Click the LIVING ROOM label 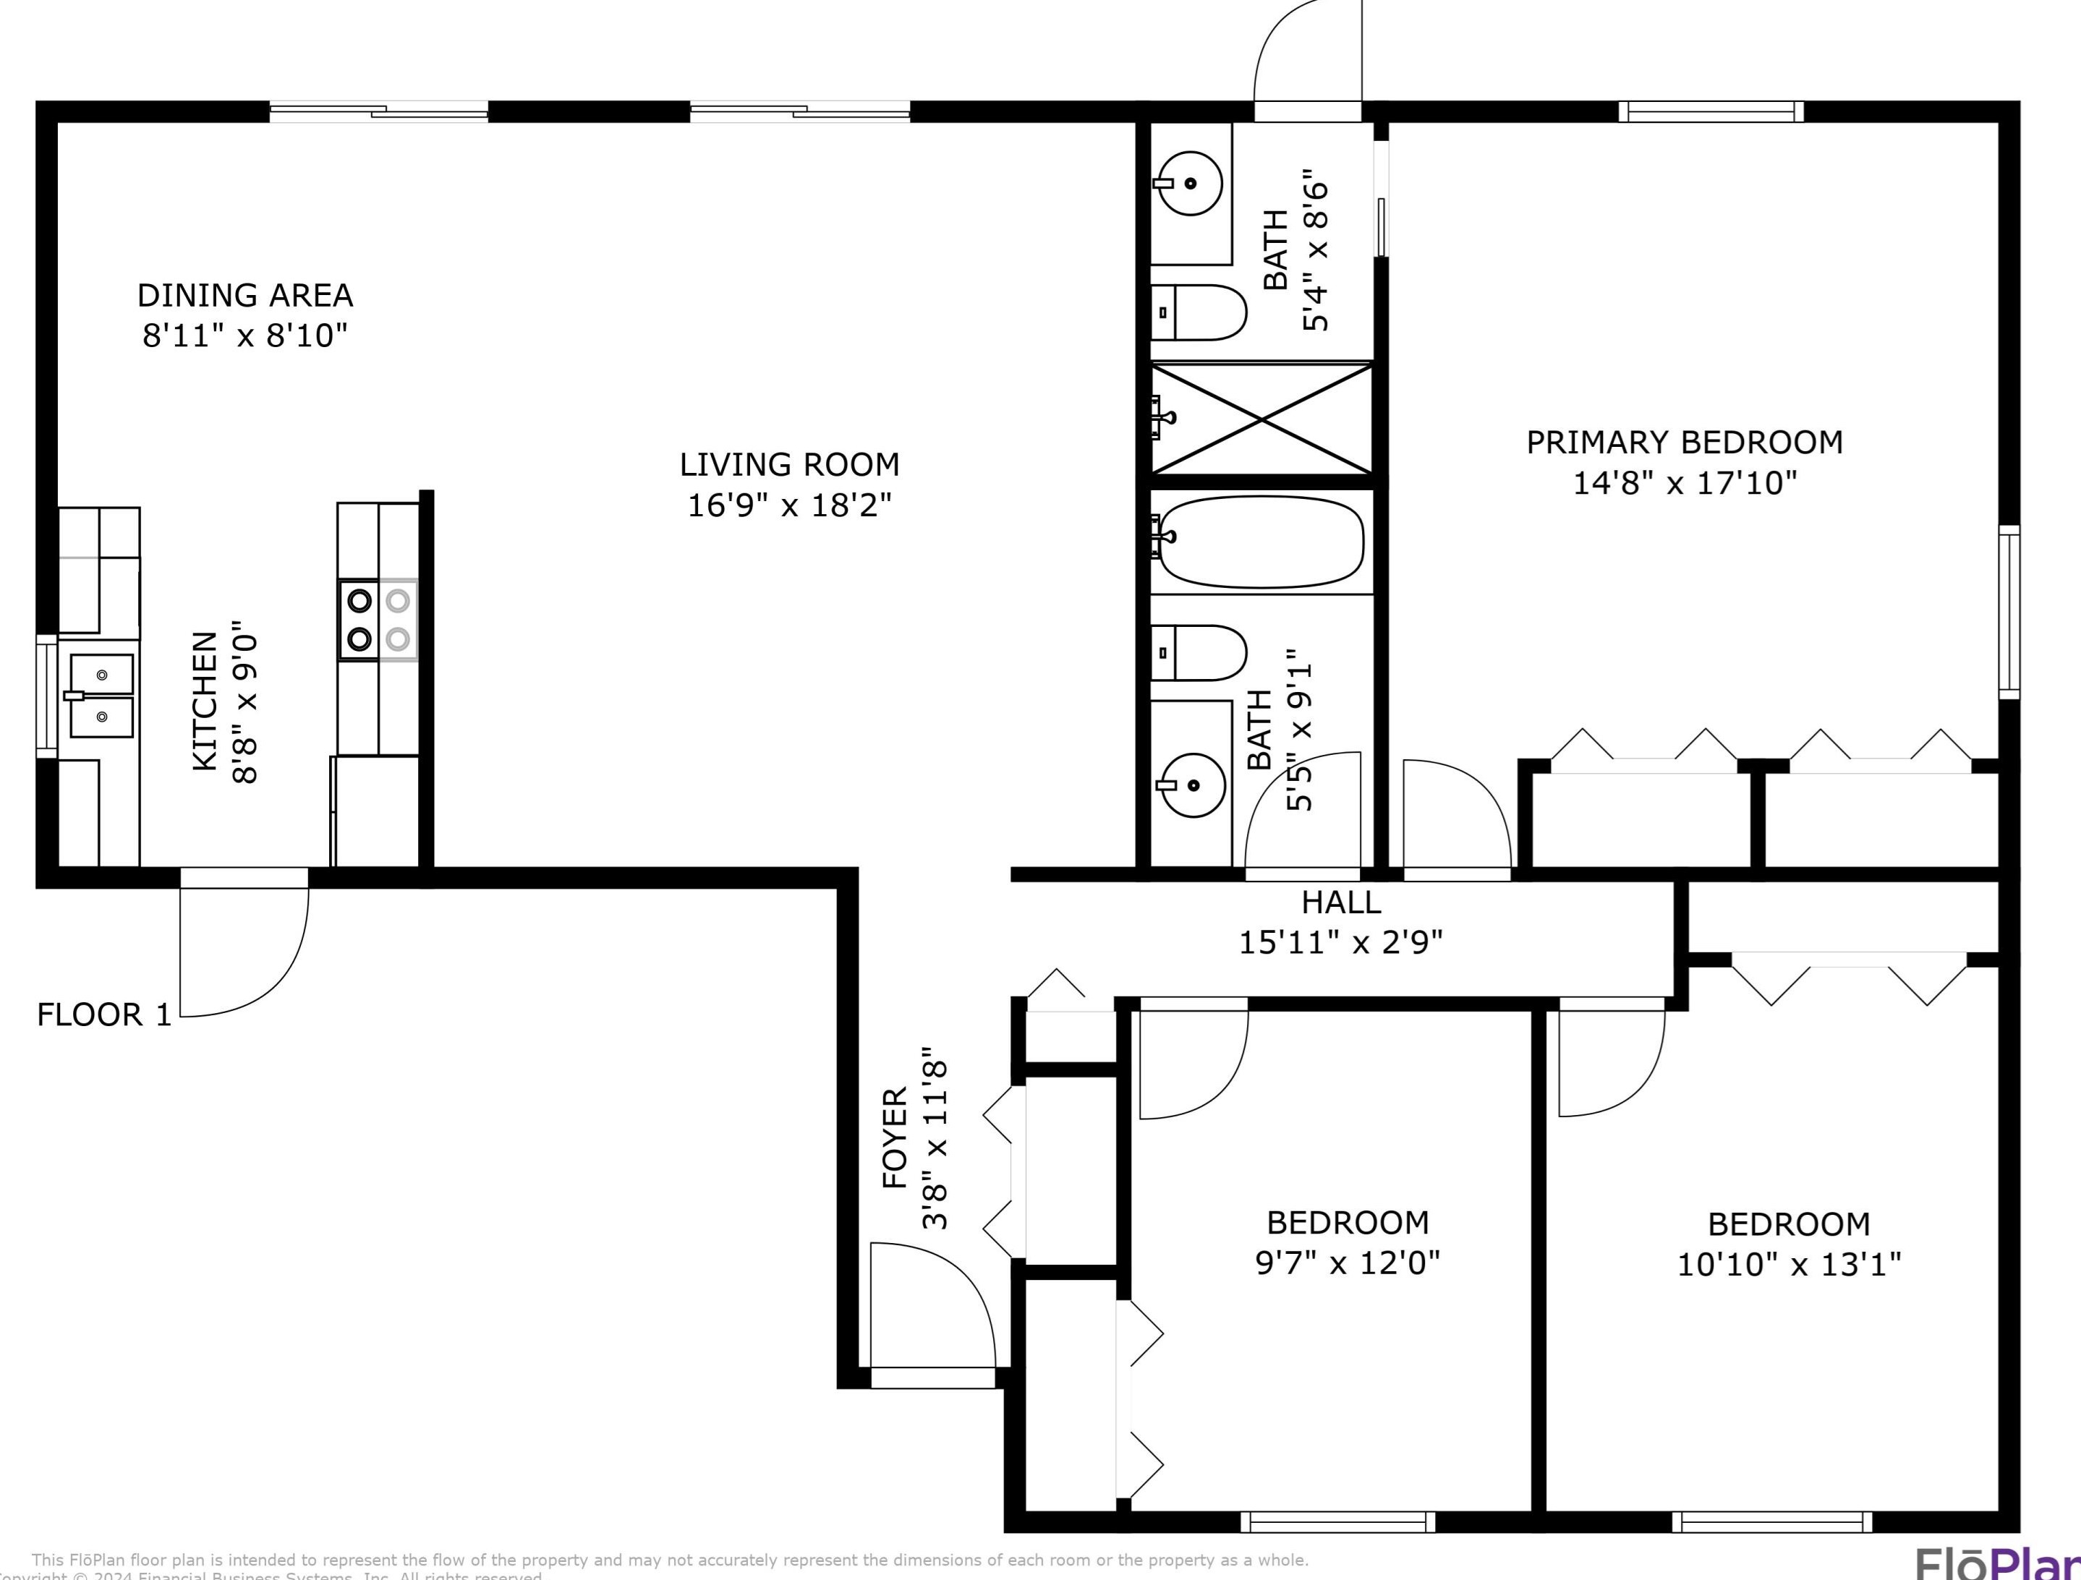tap(789, 464)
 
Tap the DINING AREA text tap(245, 295)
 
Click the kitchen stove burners tap(378, 620)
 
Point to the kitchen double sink tap(101, 696)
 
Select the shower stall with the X tap(1261, 419)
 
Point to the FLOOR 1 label tap(104, 1015)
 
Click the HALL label tap(1340, 902)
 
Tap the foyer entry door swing tap(932, 1307)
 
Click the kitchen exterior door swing tap(244, 950)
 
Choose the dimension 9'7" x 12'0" tap(1348, 1262)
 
